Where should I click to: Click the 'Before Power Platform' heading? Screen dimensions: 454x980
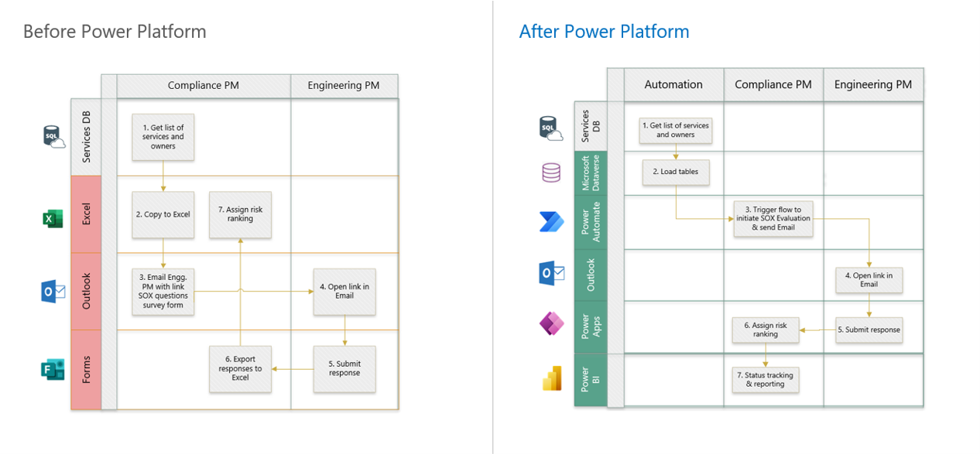point(115,32)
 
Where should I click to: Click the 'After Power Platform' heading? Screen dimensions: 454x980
point(604,32)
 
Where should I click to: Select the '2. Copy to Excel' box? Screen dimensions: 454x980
point(163,214)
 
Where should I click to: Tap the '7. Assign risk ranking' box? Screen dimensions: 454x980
point(240,214)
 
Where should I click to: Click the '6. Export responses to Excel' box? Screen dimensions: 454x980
point(240,369)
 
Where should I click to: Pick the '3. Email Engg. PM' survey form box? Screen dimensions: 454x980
point(163,292)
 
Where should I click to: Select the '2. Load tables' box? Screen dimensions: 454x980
point(675,172)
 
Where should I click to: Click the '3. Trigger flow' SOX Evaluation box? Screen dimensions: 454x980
point(773,219)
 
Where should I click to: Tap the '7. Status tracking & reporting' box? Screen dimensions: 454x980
point(766,380)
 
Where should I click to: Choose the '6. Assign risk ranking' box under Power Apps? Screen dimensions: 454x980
point(766,330)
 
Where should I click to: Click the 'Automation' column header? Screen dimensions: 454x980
point(673,84)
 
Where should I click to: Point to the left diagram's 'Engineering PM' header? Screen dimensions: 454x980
point(344,86)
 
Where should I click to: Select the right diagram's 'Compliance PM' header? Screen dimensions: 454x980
point(773,84)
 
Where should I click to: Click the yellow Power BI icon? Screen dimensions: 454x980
point(551,379)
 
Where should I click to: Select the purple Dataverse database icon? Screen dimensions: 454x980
point(551,172)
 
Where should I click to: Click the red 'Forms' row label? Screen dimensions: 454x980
point(86,369)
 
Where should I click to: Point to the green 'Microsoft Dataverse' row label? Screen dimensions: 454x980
point(591,173)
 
